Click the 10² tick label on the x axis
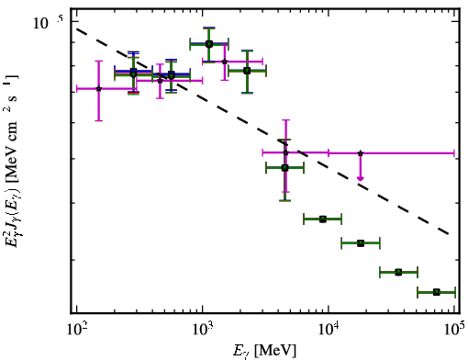[76, 332]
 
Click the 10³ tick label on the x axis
[202, 332]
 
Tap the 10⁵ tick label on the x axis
[454, 332]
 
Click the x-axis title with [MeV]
[264, 351]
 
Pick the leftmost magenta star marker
[98, 89]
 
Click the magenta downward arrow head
[361, 178]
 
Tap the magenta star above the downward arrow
[361, 153]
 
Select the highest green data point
[209, 44]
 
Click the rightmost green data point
[437, 292]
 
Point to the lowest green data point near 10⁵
[437, 292]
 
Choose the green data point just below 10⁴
[323, 219]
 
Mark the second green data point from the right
[398, 272]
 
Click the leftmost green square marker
[133, 73]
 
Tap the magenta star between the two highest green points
[225, 62]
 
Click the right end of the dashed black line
[449, 234]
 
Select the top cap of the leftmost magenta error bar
[98, 62]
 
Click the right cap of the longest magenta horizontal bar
[454, 153]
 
